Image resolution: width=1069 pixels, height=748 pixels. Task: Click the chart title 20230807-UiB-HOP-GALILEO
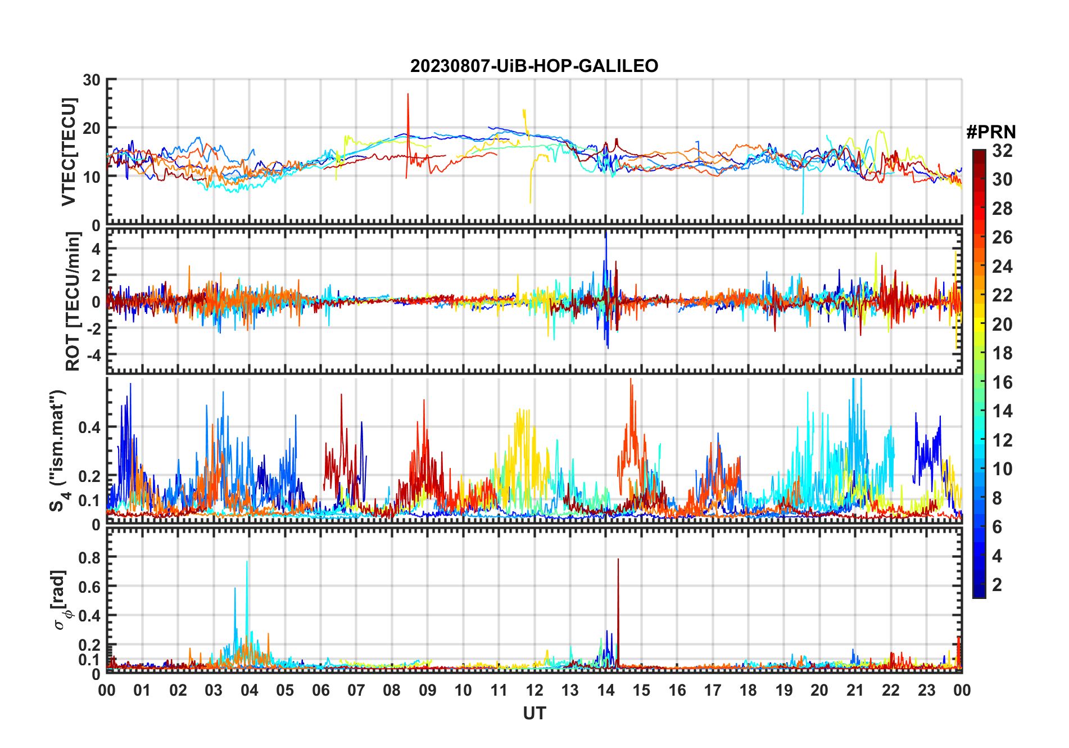click(534, 66)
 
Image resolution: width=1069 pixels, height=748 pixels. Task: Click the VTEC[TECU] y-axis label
click(69, 152)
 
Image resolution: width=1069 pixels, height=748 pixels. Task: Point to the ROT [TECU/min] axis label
click(73, 301)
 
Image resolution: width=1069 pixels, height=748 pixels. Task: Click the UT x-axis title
click(534, 714)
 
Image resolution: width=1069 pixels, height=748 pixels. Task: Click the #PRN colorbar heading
click(991, 132)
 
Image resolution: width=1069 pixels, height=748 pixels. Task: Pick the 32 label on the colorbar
click(1002, 151)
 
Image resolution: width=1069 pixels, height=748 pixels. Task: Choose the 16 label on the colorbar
click(1002, 382)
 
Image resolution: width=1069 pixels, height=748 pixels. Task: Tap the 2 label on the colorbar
click(997, 585)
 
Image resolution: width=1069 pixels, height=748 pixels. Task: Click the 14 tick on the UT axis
click(605, 690)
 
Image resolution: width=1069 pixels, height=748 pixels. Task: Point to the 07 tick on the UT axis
click(356, 690)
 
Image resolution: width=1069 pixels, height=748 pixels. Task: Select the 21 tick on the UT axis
click(855, 690)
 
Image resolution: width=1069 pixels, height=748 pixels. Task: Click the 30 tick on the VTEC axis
click(92, 80)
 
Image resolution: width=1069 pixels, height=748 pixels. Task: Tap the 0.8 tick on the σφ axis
click(89, 557)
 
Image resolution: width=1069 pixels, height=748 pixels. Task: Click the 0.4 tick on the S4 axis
click(89, 427)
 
